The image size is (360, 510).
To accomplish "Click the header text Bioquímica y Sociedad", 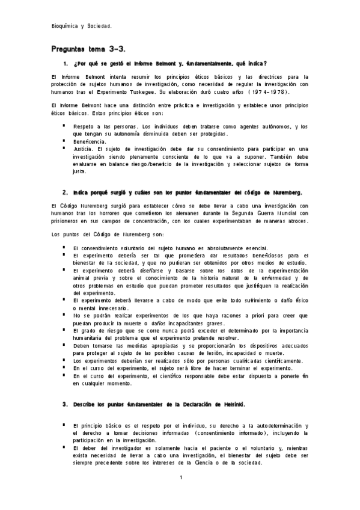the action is (81, 26).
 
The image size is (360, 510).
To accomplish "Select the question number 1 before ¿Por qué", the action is (65, 63).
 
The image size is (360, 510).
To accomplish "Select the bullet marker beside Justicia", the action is (63, 148).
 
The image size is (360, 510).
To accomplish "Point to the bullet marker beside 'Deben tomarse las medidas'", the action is (63, 346).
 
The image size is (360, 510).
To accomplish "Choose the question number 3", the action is (65, 404).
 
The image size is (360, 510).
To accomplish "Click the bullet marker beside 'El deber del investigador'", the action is (63, 447).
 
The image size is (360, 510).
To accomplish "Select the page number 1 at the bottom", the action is (180, 478).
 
